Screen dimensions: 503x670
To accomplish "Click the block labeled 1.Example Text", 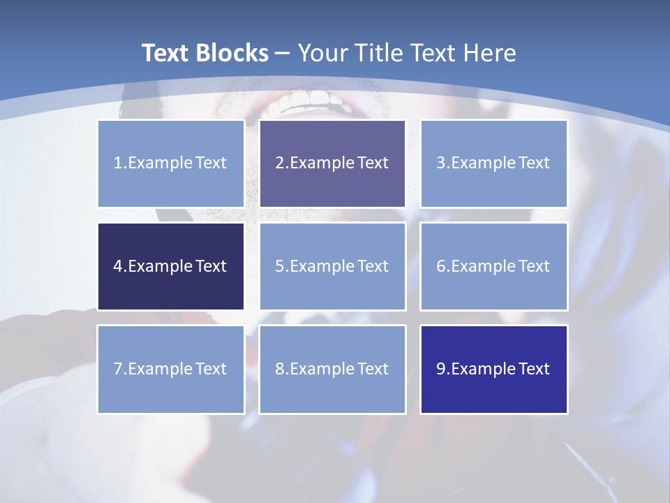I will point(170,163).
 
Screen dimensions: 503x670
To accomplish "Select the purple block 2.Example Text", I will point(332,163).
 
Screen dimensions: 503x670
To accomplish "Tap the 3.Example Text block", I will point(493,163).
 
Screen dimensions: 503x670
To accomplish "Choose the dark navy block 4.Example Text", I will point(170,266).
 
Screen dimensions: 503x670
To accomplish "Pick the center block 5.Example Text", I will point(332,266).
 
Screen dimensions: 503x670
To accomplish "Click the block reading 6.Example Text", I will point(493,266).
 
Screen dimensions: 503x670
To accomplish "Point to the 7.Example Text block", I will point(170,369).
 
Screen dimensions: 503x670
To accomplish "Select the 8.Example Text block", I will point(332,369).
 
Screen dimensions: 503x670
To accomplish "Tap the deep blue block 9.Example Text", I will point(493,369).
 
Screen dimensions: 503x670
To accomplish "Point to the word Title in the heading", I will point(381,53).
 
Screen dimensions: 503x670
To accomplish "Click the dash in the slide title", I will point(283,53).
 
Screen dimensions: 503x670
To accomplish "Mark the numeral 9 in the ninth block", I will point(441,369).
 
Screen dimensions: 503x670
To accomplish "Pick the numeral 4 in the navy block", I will point(118,266).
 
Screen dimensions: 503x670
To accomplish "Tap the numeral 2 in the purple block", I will point(279,163).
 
